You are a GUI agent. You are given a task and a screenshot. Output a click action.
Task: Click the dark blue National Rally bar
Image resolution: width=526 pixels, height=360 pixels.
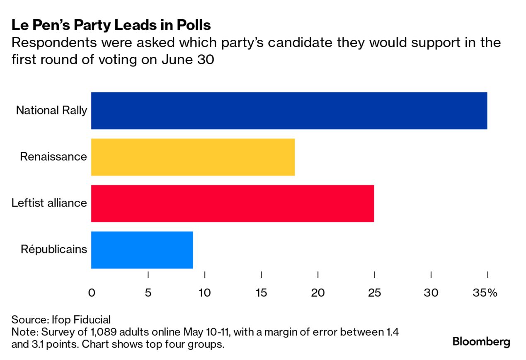pos(289,111)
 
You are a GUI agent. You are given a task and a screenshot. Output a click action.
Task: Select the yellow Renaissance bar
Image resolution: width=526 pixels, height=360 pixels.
pos(193,157)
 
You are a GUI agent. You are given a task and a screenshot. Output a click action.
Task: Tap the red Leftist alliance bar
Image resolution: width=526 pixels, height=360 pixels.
pos(232,204)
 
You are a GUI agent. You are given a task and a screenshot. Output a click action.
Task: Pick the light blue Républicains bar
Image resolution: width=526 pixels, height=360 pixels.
pos(142,250)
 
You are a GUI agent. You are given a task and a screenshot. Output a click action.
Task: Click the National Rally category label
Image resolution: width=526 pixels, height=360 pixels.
pos(52,111)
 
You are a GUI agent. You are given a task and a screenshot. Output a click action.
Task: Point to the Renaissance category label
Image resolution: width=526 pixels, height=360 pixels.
pos(53,157)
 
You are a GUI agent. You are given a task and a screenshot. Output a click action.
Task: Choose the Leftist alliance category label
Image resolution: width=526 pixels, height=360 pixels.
pos(49,203)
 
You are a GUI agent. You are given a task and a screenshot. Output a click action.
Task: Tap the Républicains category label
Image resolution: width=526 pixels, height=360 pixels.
pos(54,249)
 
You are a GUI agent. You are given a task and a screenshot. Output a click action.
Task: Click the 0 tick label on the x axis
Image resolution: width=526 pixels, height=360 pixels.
pos(92,293)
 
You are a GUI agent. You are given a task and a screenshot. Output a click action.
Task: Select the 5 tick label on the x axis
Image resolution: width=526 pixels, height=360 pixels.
pos(148,293)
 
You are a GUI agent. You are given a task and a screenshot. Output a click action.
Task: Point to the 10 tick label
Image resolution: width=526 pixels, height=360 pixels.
pos(205,293)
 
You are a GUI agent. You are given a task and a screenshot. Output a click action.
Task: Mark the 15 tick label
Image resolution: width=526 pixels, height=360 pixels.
pos(261,293)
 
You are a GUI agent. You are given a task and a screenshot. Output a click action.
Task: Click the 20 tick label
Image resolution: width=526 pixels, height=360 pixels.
pos(318,293)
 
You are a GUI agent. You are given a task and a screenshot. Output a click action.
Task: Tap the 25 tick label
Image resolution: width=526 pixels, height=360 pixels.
pos(374,293)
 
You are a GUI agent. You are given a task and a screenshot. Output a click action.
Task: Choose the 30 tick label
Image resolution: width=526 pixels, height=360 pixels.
pos(431,293)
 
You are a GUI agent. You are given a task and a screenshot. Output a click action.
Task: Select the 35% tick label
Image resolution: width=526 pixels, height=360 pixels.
pos(485,293)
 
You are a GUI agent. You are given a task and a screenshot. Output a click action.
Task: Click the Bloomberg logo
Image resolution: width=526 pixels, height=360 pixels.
pos(481,342)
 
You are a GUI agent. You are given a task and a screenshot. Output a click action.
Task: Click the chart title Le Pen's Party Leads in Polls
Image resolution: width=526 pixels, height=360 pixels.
pos(111,25)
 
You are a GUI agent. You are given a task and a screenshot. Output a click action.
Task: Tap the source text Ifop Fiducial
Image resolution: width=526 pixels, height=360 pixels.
pos(81,320)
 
